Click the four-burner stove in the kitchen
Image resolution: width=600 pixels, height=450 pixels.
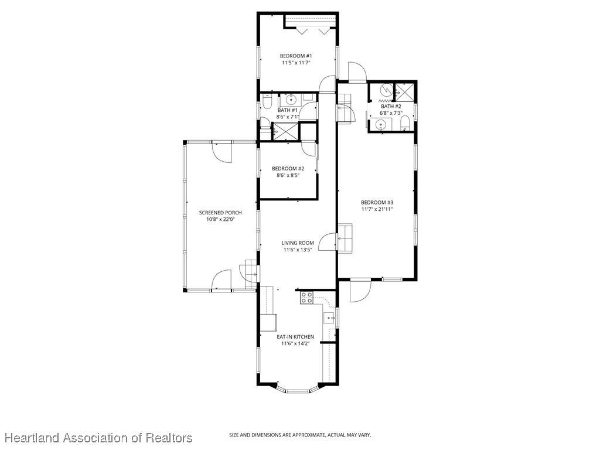[306, 297]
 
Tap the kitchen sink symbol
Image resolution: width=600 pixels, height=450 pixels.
[329, 318]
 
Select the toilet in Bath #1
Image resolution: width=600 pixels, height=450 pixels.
[267, 103]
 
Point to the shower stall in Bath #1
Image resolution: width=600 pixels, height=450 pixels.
[285, 131]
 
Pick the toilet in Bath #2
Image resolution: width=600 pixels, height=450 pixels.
[405, 124]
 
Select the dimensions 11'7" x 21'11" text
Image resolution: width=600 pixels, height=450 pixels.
[377, 209]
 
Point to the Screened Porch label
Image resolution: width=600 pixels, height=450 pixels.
[220, 213]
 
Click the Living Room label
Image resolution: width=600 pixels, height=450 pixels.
[298, 243]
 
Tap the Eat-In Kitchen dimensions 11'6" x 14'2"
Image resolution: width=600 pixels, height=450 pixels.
[295, 343]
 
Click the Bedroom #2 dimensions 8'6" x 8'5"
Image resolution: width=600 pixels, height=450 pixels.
[288, 175]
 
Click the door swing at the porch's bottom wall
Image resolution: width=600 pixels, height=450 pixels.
[221, 279]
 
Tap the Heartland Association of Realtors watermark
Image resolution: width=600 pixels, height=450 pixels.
[98, 438]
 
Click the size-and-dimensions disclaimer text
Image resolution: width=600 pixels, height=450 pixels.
[300, 435]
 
